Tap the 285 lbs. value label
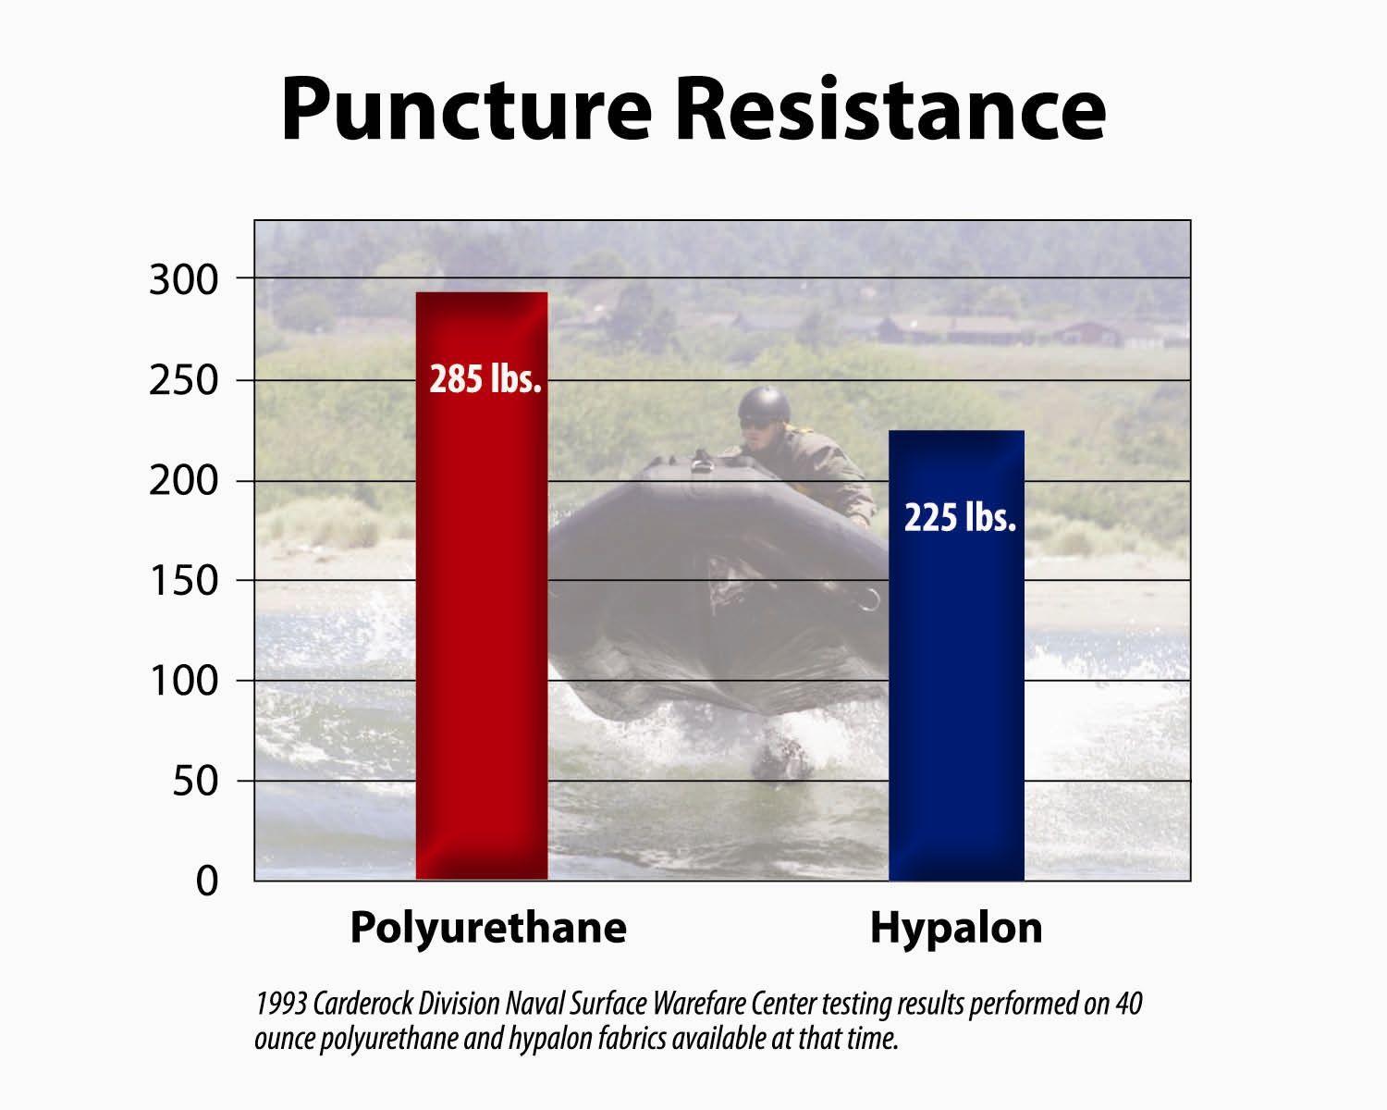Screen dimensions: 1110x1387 [x=485, y=379]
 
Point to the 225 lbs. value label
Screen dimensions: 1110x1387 [x=959, y=517]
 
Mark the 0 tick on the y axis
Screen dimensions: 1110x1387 [x=207, y=881]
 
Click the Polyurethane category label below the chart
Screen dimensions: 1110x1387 [x=487, y=928]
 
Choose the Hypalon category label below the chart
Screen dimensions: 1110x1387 [x=956, y=928]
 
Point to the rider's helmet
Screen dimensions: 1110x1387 [x=765, y=405]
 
